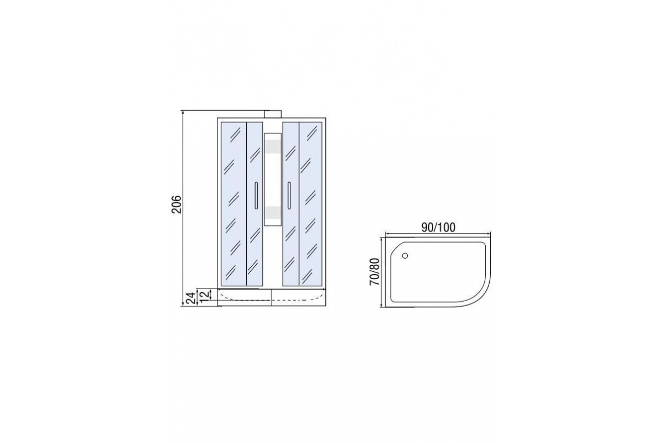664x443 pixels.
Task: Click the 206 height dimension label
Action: (x=177, y=204)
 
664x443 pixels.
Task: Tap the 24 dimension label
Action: (x=191, y=298)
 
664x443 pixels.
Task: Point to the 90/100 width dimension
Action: (x=438, y=228)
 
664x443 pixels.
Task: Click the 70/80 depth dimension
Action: (x=375, y=272)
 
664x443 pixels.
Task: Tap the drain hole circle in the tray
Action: (x=404, y=255)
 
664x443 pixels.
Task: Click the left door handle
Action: (x=256, y=196)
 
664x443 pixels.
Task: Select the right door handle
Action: (x=289, y=196)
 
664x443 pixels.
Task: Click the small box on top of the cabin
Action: (x=273, y=114)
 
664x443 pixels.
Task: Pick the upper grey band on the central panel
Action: (x=273, y=147)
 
